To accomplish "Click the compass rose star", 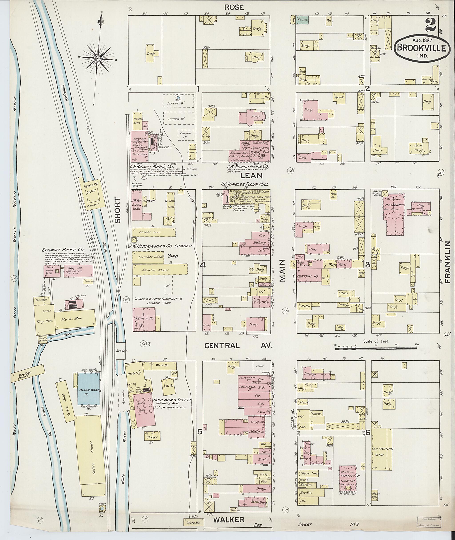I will click(x=98, y=59).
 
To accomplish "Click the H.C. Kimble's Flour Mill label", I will click(x=244, y=184).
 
